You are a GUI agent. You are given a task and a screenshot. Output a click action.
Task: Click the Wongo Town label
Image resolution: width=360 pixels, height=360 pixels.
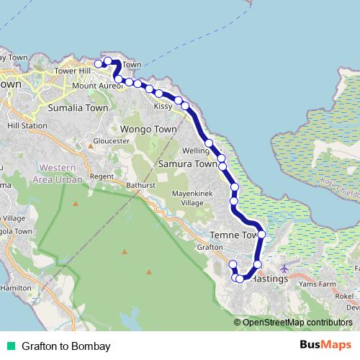pos(148,129)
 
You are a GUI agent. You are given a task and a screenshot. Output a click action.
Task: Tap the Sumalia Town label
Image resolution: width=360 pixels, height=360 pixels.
pos(78,108)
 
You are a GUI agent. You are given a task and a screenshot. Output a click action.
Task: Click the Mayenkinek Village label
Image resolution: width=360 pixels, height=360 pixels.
pos(192,198)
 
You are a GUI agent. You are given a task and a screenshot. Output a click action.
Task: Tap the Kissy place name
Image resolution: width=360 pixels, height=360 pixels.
pos(163,106)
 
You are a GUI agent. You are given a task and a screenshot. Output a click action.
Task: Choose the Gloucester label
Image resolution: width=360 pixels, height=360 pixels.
pos(111,141)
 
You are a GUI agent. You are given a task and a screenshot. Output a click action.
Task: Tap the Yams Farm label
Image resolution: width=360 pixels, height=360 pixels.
pos(318,284)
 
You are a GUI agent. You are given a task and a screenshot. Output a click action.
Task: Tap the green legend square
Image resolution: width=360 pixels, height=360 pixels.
pos(10,346)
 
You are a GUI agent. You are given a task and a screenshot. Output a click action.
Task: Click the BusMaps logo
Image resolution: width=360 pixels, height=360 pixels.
pos(326,346)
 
